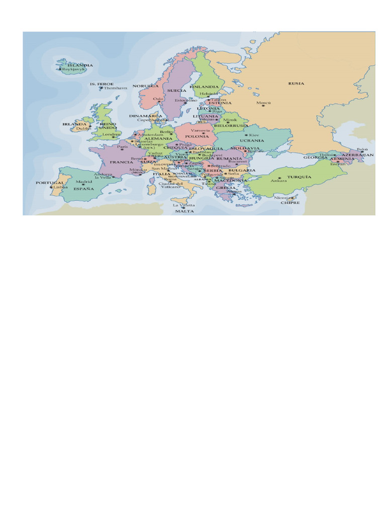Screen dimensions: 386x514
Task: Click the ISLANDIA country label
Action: (80, 65)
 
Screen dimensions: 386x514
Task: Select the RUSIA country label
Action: (296, 83)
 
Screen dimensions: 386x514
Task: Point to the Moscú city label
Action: (263, 102)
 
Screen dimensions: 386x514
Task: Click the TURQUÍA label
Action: (300, 177)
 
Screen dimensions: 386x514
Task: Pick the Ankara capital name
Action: (279, 181)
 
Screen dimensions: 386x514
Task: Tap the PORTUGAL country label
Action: (50, 183)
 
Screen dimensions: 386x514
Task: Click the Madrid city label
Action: (84, 181)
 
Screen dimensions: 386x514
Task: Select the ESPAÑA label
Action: (84, 189)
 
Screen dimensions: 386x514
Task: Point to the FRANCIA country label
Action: (121, 162)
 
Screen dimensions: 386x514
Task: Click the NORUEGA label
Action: (145, 86)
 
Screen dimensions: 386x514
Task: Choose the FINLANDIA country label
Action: (204, 86)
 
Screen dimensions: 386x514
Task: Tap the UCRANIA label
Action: (251, 141)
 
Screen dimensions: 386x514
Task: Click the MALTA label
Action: (184, 211)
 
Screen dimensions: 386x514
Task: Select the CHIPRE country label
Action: (290, 203)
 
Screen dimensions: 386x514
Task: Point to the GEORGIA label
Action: (315, 158)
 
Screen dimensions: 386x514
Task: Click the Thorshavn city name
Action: (116, 88)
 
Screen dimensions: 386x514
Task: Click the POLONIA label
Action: (197, 136)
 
